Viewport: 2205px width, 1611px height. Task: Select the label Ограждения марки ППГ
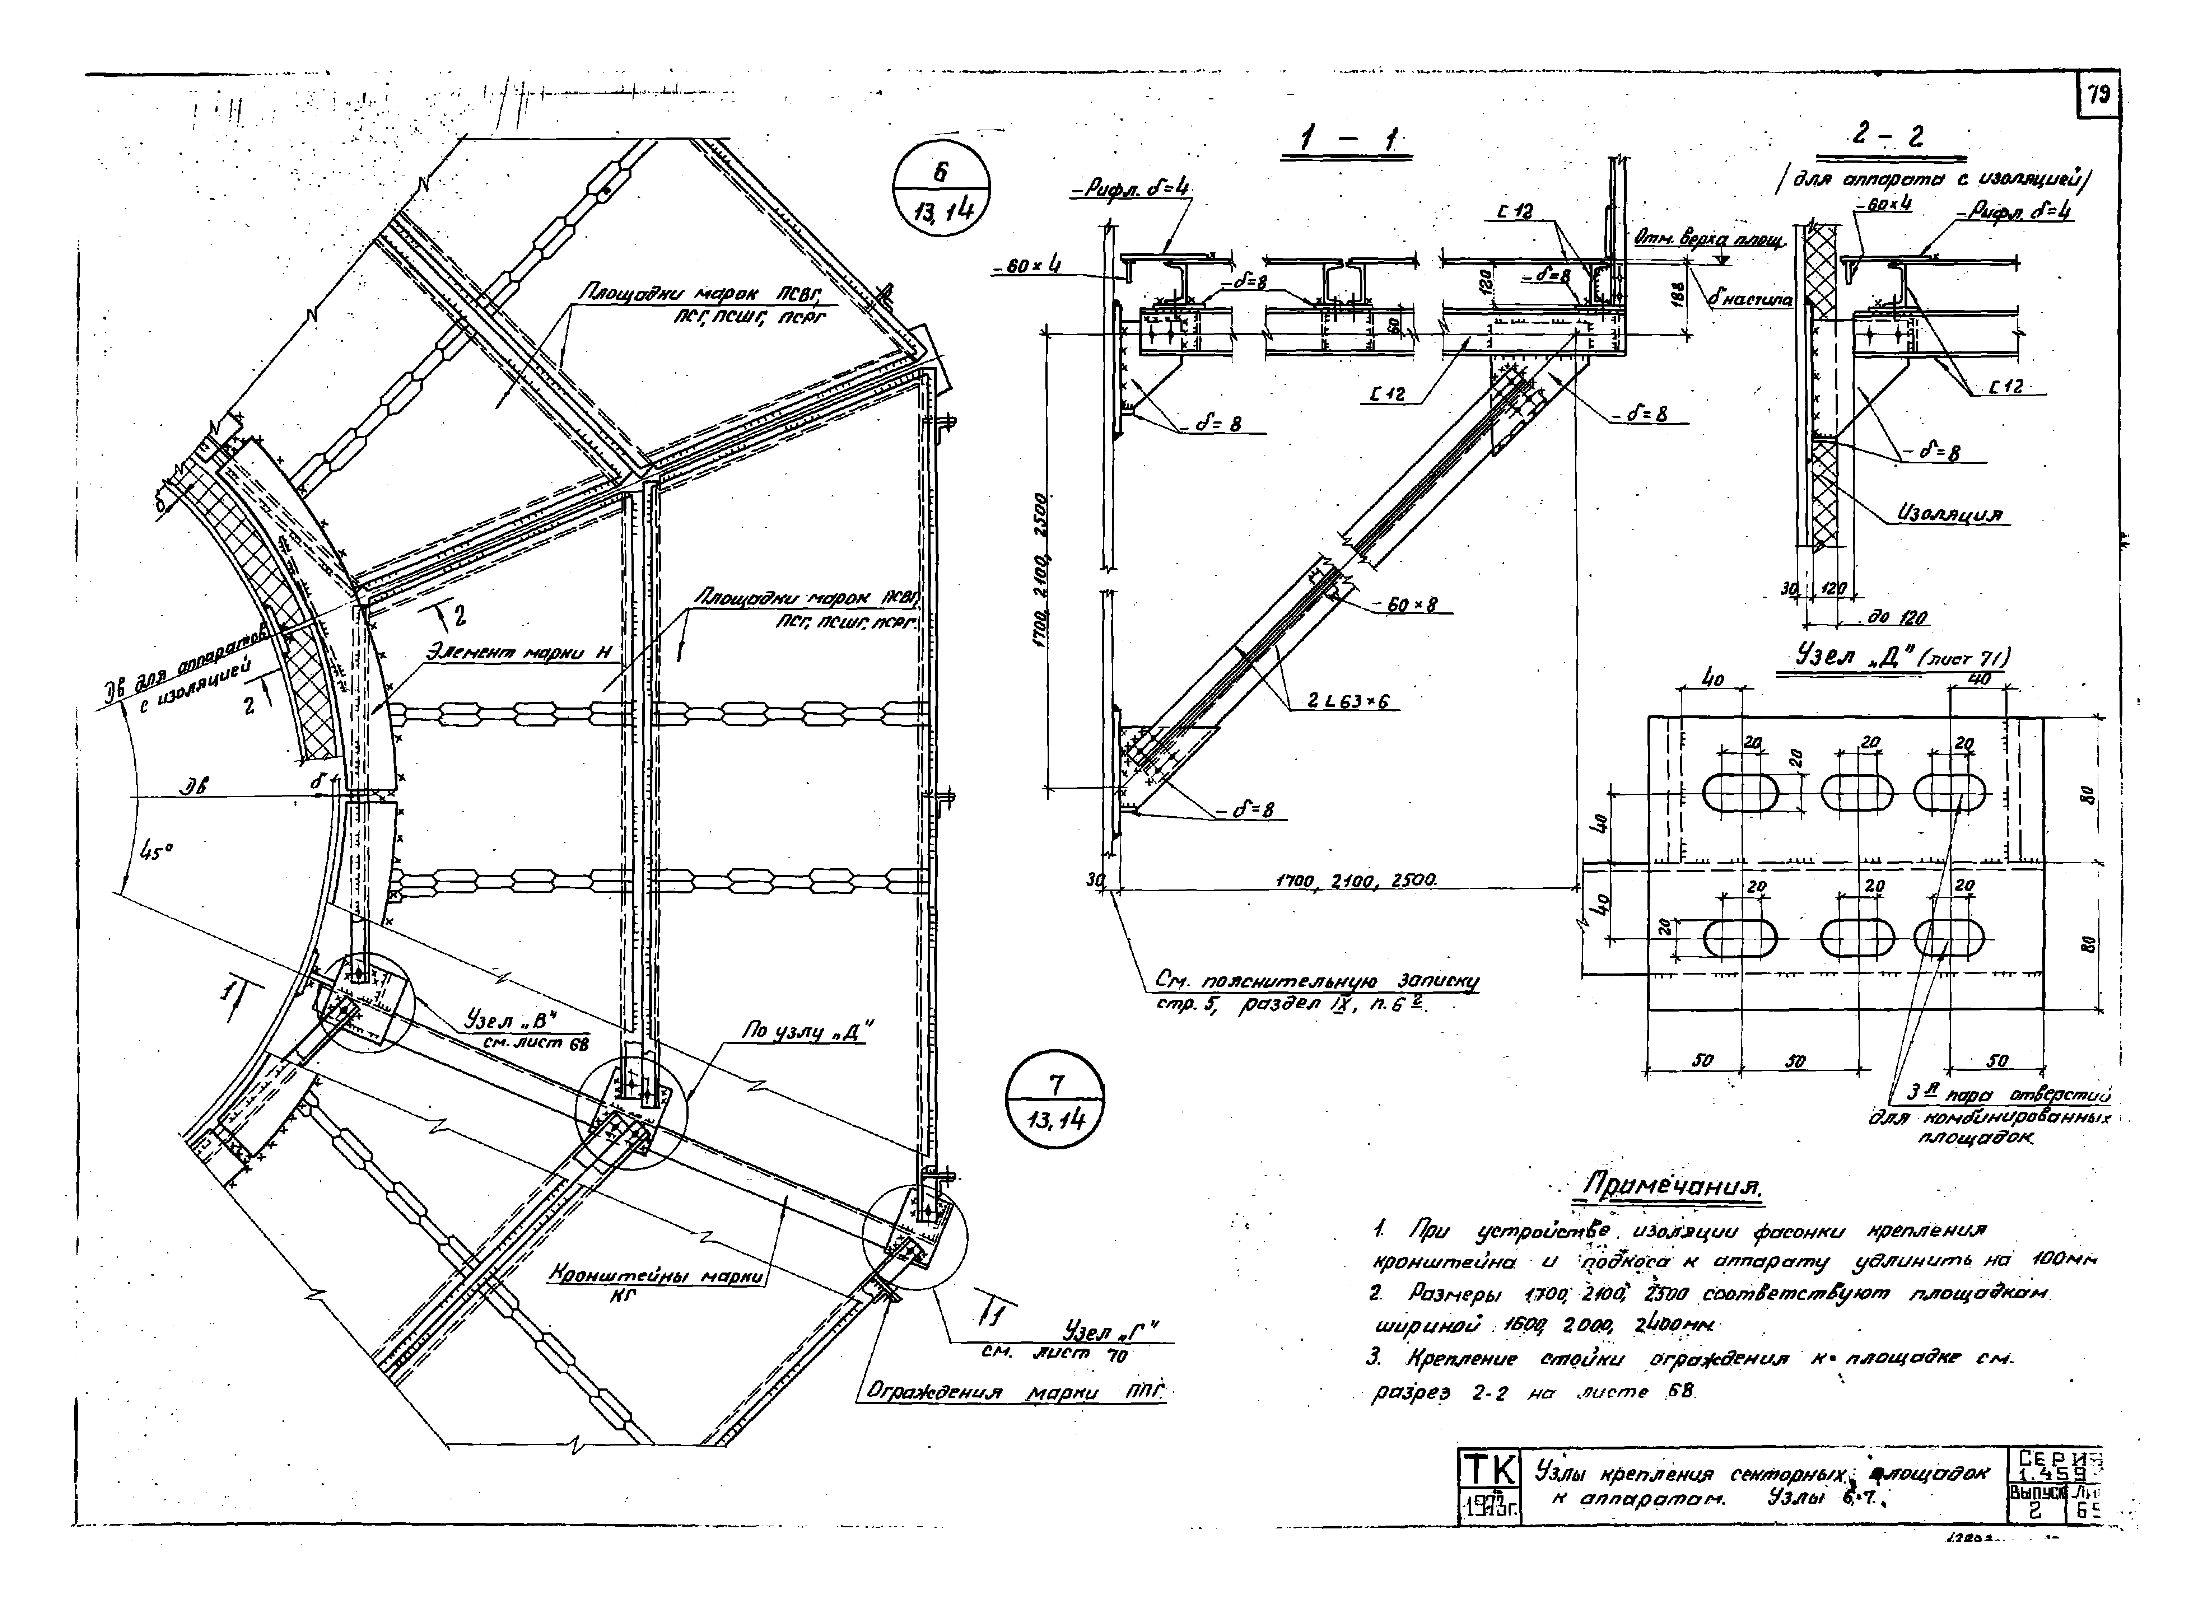point(1014,1392)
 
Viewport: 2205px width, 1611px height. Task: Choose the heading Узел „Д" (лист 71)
point(1902,658)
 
